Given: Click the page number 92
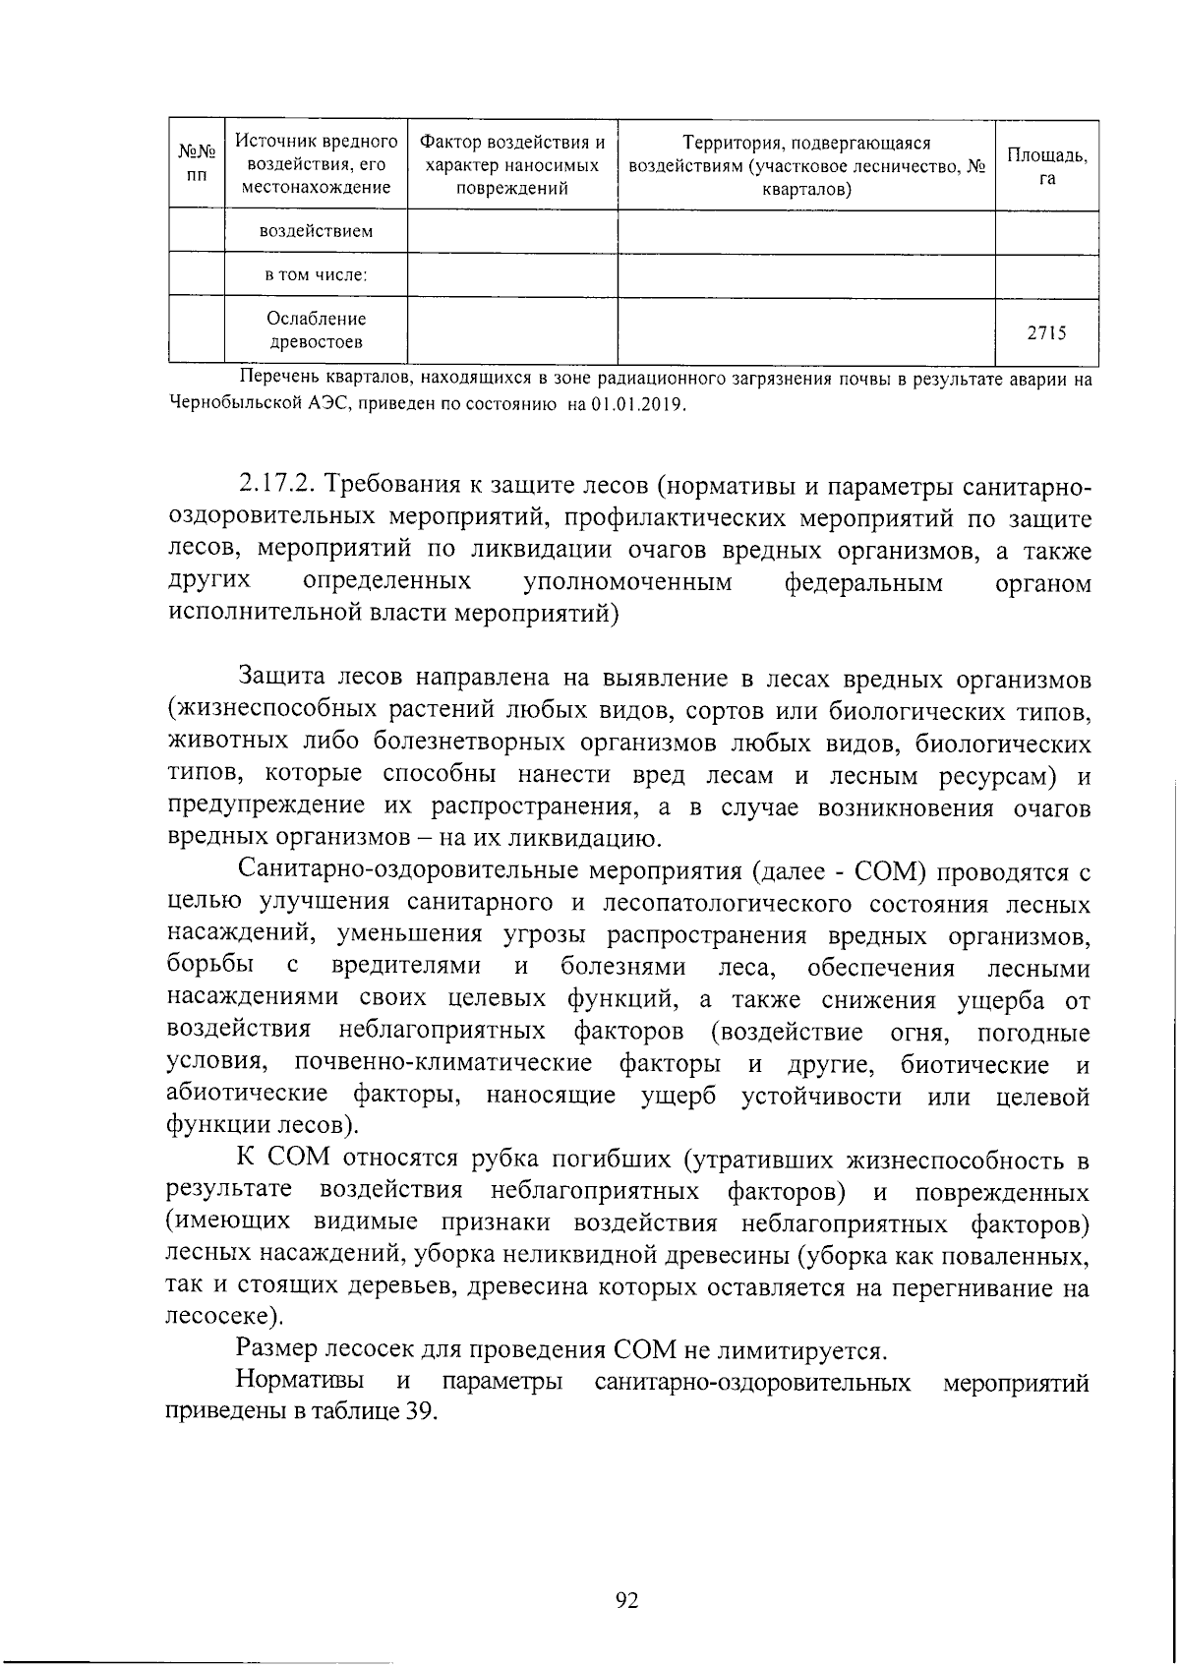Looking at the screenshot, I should (x=626, y=1601).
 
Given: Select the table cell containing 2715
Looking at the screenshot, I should (x=1046, y=332).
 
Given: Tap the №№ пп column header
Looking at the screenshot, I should (x=197, y=164).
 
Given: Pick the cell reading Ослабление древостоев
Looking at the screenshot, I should (x=316, y=330).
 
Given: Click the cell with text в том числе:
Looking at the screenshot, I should (x=316, y=275).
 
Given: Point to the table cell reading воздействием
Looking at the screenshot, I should (x=316, y=232).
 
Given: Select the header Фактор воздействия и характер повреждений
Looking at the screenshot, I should (x=512, y=165).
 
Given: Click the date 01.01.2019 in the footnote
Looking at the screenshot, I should (x=638, y=406).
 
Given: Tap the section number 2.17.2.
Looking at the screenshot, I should (x=276, y=486).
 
